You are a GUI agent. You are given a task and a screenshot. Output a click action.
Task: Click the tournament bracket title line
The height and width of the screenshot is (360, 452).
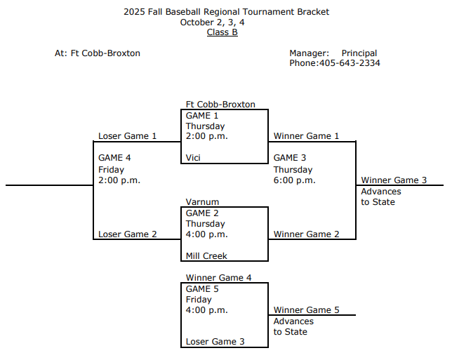coord(226,12)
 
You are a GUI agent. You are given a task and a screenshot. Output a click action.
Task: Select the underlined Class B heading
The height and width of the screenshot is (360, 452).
coord(222,32)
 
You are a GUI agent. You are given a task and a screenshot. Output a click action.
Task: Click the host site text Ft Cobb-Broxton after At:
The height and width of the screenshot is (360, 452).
coord(105,53)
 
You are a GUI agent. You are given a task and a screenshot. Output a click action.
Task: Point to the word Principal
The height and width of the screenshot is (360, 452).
coord(359,53)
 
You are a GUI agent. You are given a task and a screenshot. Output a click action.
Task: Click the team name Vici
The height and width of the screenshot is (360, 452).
coord(193,158)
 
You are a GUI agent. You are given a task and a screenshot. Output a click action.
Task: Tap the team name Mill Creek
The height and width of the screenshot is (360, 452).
coord(206,256)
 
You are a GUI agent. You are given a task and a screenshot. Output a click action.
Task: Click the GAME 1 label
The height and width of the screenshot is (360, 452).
coord(202,115)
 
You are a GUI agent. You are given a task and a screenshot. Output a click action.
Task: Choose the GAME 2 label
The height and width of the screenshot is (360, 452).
coord(202,213)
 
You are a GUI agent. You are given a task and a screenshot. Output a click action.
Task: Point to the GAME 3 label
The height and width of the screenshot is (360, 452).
coord(290,158)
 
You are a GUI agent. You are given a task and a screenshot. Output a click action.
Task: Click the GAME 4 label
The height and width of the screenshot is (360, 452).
coord(114,158)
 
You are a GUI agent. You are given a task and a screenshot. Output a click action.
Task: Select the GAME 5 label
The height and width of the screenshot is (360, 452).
coord(202,288)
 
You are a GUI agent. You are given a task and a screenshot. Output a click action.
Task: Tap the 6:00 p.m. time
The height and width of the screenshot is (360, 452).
coord(295,180)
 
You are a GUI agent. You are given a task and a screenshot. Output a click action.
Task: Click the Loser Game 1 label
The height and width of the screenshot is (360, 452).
coord(128,136)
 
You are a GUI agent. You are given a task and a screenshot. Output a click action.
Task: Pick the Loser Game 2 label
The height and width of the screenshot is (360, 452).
coord(128,234)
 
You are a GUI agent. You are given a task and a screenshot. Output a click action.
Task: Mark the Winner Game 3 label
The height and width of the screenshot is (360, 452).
coord(394,180)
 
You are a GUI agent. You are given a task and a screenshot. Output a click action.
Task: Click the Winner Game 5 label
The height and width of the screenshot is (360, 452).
coord(307,310)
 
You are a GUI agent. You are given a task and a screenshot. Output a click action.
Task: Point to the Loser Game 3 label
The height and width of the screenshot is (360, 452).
coord(215,342)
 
